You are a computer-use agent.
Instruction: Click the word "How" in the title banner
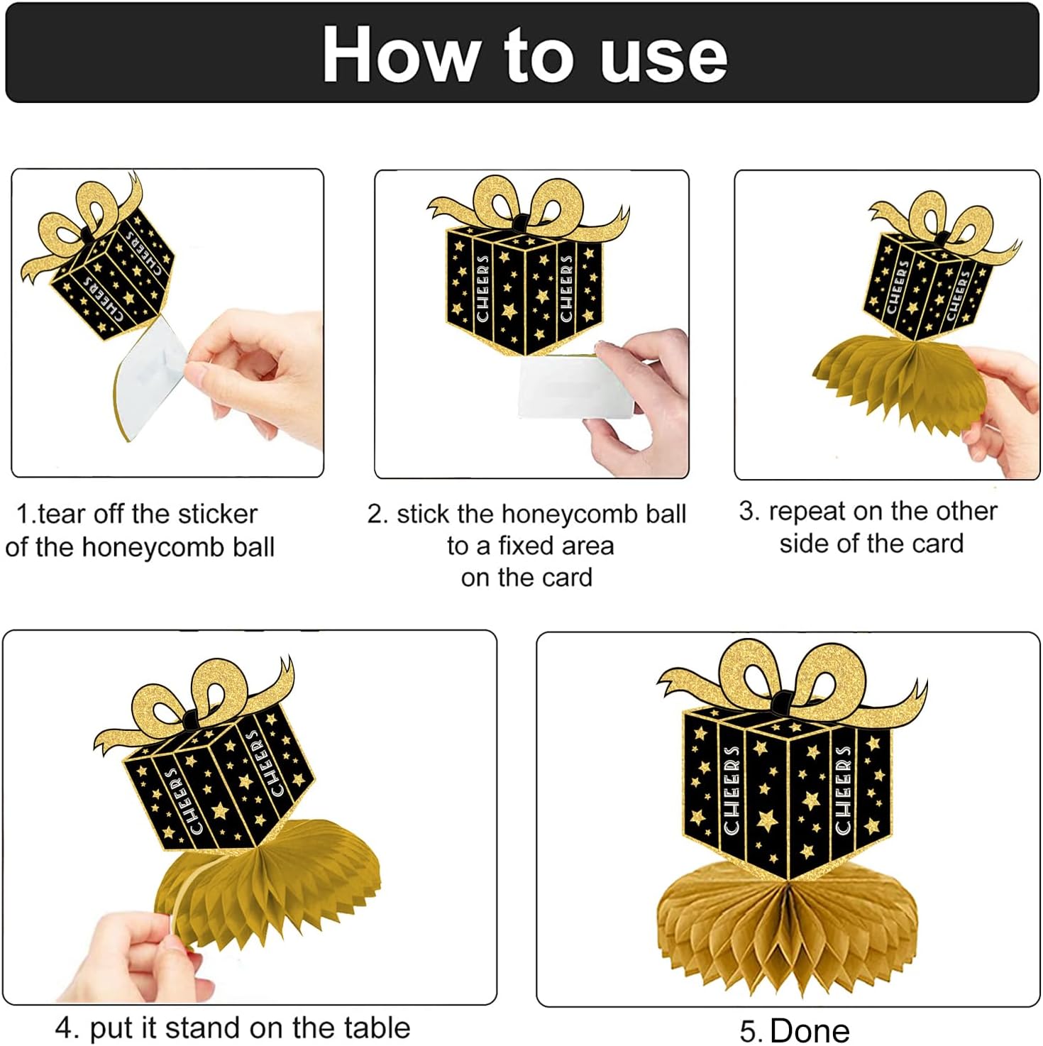point(400,55)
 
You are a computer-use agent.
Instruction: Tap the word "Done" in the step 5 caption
point(810,1030)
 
